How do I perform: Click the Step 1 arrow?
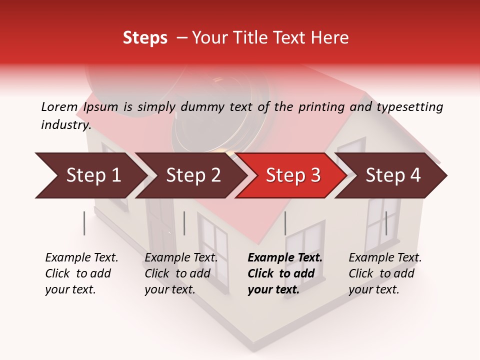coord(93,175)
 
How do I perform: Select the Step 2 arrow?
coord(193,175)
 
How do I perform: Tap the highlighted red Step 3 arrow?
coord(293,175)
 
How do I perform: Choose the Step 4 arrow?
coord(393,175)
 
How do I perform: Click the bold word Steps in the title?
coord(145,38)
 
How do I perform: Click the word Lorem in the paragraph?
coord(59,106)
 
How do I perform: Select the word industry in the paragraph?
coord(65,124)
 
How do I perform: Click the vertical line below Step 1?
coord(84,223)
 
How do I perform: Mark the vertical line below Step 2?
coord(184,223)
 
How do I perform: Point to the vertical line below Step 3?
coord(285,223)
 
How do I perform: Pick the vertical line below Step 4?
coord(386,223)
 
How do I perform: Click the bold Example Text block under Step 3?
coord(285,273)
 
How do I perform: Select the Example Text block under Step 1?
coord(81,273)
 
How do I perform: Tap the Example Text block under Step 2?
coord(181,273)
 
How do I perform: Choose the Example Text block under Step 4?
coord(385,273)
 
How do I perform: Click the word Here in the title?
coord(332,38)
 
